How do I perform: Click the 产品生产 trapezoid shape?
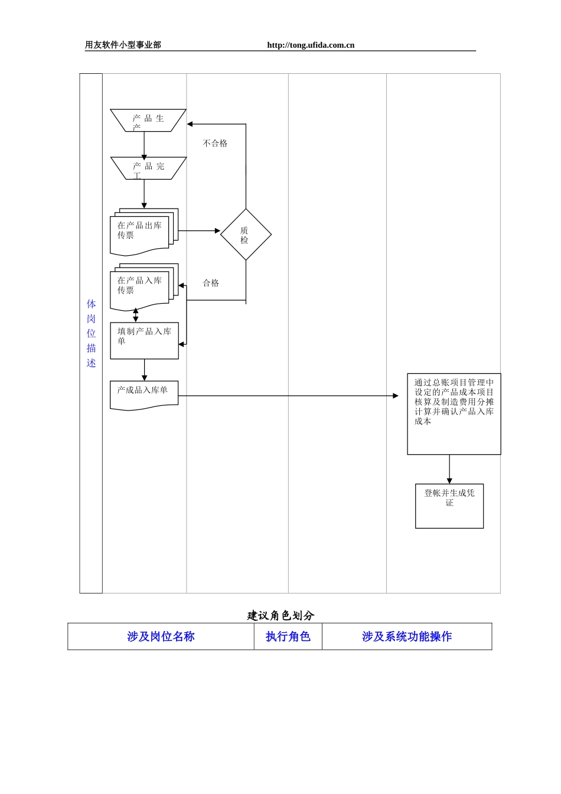pos(148,120)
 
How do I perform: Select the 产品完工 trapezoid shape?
pos(148,168)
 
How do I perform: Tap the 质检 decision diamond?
pos(246,235)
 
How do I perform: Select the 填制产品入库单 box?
pos(144,340)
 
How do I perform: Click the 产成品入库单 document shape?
pos(143,395)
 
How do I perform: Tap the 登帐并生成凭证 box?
pos(449,506)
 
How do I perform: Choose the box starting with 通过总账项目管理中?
pos(454,414)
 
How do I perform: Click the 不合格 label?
pos(215,144)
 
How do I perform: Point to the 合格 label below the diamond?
pos(211,283)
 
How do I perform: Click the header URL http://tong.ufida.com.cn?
pos(311,45)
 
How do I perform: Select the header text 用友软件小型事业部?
pos(123,45)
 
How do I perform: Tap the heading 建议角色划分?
pos(280,616)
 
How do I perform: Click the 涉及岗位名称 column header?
pos(161,636)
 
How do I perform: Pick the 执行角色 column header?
pos(288,636)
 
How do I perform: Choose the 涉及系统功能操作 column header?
pos(406,636)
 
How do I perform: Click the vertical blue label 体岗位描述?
pos(91,333)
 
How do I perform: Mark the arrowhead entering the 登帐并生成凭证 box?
pos(449,481)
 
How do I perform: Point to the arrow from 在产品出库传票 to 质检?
pos(199,230)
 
